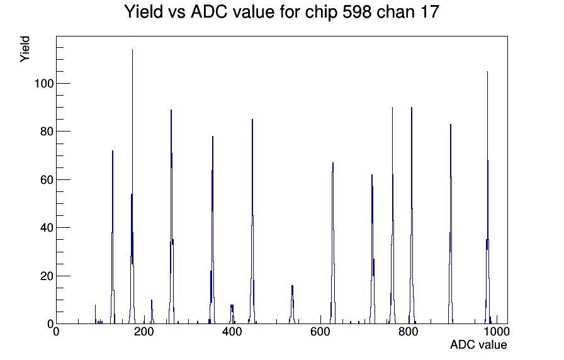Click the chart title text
pos(281,12)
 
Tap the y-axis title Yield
pos(25,49)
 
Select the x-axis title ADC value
pos(478,344)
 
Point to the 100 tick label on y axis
pos(43,84)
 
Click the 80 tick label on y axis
pos(47,132)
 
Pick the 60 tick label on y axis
pos(47,180)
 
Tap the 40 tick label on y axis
pos(47,228)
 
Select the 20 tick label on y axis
pos(47,276)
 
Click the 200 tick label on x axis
pos(144,332)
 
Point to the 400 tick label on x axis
pos(232,332)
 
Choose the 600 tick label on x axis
pos(320,332)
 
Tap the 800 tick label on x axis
pos(409,332)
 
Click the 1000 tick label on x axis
pos(496,332)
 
